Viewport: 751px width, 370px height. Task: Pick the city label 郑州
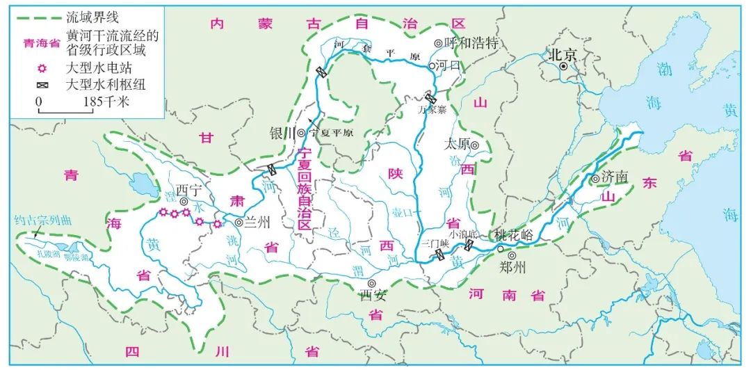pyautogui.click(x=513, y=266)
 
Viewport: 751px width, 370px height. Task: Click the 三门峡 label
pyautogui.click(x=435, y=242)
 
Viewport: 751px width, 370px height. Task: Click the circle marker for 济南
pyautogui.click(x=596, y=179)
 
